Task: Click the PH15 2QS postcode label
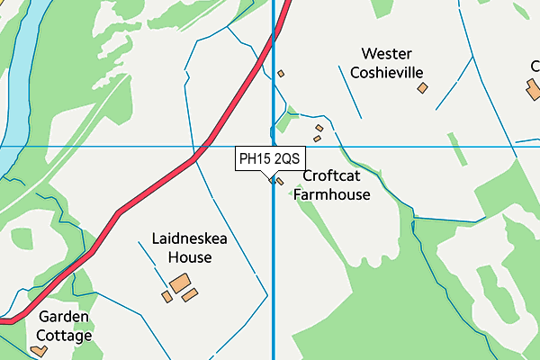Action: coord(269,159)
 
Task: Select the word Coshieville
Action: coord(387,72)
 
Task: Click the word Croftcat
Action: coord(331,176)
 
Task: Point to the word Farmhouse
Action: coord(331,193)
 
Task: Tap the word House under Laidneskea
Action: coord(189,257)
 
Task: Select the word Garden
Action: coord(64,318)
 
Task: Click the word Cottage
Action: coord(64,336)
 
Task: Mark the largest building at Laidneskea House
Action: coord(181,283)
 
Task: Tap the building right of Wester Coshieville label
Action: coord(422,87)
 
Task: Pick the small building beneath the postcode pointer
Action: coord(279,181)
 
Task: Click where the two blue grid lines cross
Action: coord(274,146)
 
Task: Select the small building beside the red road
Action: coord(281,74)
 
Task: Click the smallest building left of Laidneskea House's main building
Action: coord(166,296)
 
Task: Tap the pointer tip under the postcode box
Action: coord(269,176)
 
